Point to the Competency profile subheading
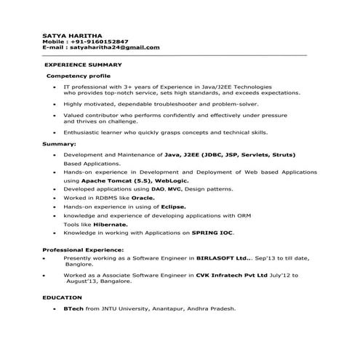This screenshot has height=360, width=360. tap(79, 76)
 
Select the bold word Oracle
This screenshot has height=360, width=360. tap(143, 197)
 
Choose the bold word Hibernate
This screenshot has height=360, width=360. tap(111, 225)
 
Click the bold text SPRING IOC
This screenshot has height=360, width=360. tap(212, 233)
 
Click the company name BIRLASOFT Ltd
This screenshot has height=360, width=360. tap(223, 258)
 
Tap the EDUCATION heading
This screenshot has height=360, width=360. tap(62, 298)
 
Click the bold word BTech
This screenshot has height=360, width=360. tap(73, 309)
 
